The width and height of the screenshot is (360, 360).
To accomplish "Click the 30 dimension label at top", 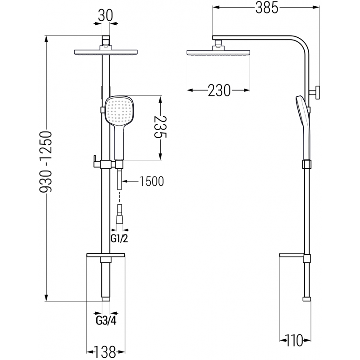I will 105,16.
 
